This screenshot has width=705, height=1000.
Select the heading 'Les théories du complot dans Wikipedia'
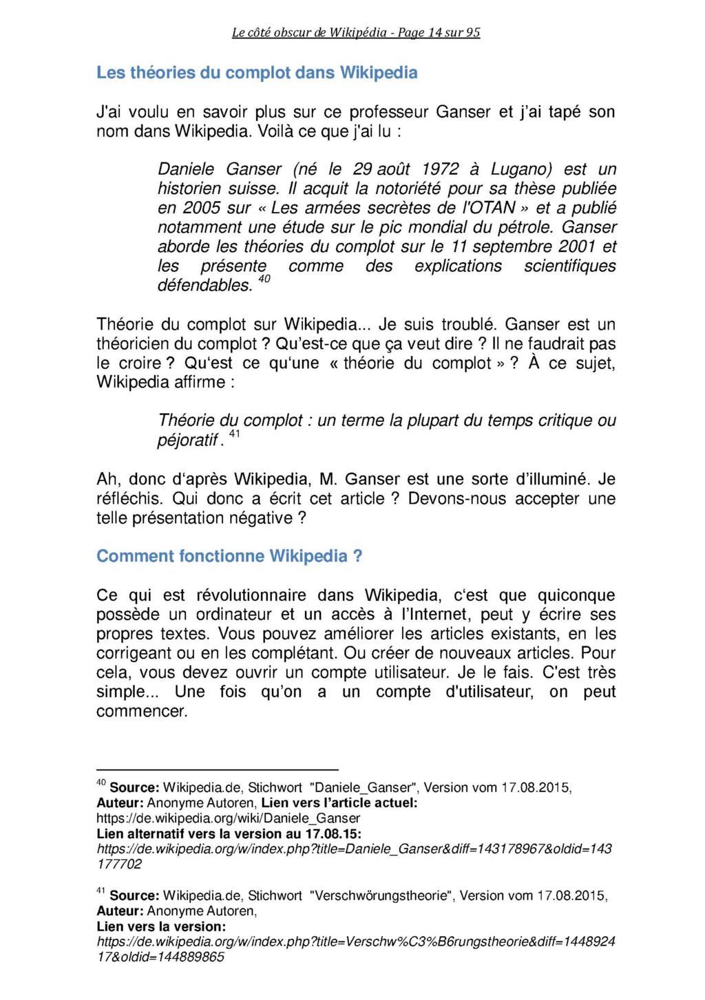click(257, 73)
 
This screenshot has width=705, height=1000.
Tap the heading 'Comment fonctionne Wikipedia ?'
click(229, 556)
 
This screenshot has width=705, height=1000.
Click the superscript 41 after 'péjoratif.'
click(234, 434)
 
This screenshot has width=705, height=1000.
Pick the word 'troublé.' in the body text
click(471, 324)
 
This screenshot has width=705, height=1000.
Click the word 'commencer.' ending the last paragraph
click(142, 711)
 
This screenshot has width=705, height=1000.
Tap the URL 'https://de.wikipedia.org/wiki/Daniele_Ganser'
click(228, 819)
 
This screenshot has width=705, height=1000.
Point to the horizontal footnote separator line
click(218, 769)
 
